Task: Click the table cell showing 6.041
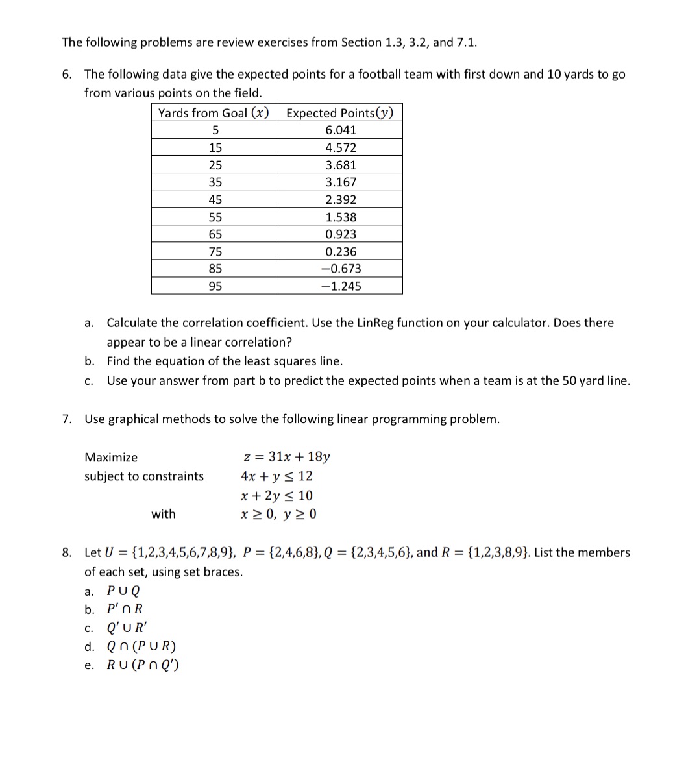[341, 130]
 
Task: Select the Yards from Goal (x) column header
[214, 112]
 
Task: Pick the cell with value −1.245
[341, 286]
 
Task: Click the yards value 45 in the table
[215, 200]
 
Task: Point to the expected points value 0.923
[341, 234]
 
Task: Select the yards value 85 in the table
[215, 269]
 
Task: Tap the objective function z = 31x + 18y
[286, 457]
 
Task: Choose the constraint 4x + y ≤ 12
[276, 476]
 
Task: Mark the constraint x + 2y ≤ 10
[276, 495]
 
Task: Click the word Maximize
[111, 458]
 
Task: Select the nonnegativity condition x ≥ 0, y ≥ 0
[278, 514]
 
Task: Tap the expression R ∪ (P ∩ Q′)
[143, 665]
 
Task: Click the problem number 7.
[66, 419]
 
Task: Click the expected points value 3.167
[341, 182]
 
